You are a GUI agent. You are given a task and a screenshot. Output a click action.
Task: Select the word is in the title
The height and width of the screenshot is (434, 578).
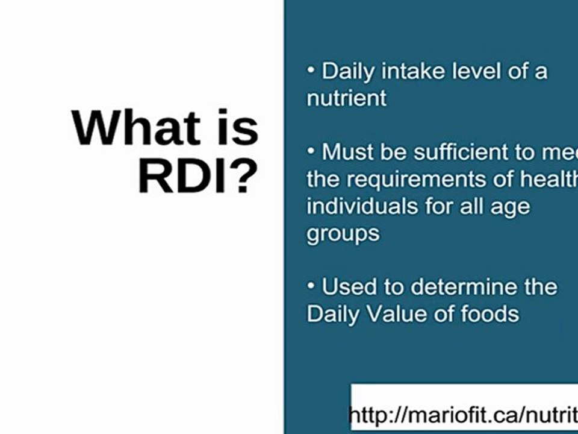coord(235,128)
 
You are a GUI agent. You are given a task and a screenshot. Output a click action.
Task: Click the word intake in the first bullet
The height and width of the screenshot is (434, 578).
coord(413,71)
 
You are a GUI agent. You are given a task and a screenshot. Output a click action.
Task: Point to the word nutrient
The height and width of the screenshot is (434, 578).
coord(346,98)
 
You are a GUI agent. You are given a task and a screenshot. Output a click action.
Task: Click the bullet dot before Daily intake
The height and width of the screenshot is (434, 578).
coord(311,71)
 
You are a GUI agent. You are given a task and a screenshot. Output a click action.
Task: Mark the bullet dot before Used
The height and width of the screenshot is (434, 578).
coord(311,286)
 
